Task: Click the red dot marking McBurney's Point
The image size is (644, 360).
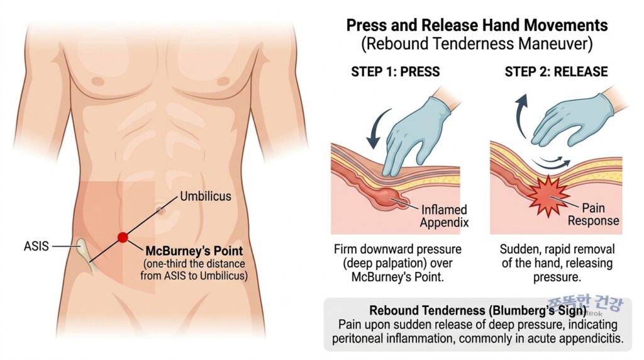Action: click(x=123, y=237)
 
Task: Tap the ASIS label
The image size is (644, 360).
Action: click(x=36, y=246)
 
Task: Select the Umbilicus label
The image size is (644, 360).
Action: click(x=206, y=196)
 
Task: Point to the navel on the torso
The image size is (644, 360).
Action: click(x=160, y=210)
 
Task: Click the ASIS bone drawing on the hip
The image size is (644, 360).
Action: click(x=87, y=254)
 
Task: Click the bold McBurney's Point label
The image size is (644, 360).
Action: click(x=194, y=250)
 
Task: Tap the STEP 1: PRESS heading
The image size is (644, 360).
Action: click(x=395, y=72)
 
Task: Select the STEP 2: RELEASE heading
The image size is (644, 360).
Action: click(x=556, y=72)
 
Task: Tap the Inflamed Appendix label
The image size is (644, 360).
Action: click(x=444, y=216)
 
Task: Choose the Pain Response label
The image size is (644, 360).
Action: click(x=593, y=214)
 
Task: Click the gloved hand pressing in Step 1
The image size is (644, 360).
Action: click(x=415, y=132)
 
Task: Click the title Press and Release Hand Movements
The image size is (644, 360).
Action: click(x=477, y=25)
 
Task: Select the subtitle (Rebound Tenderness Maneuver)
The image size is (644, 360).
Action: click(x=477, y=43)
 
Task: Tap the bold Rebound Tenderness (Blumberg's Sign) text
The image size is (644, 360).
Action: click(x=478, y=310)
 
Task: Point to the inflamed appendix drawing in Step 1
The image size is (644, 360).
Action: click(x=388, y=197)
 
